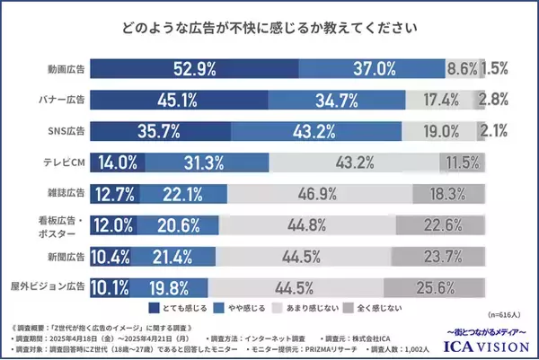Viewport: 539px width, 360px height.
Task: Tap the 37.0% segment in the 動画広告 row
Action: (x=371, y=68)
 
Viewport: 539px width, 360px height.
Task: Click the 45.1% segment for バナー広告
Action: (x=181, y=100)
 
